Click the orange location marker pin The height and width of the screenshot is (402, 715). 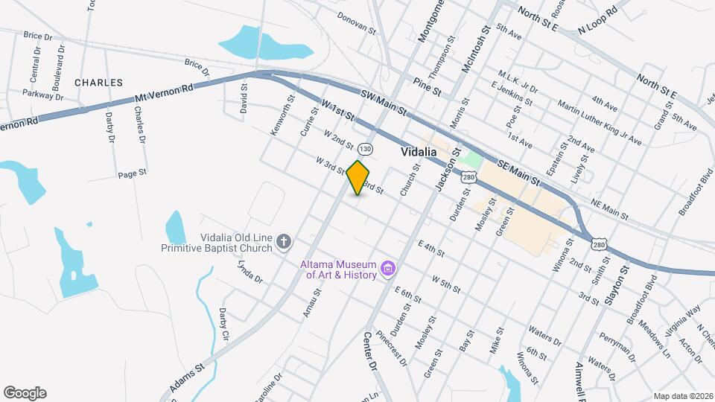click(x=358, y=177)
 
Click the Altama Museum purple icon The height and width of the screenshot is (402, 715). click(x=387, y=268)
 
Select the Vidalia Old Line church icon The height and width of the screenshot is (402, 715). click(x=283, y=241)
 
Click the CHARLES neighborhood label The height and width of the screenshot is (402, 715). click(x=98, y=82)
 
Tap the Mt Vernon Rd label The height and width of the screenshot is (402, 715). click(x=164, y=93)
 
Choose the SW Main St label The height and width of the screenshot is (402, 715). click(x=384, y=103)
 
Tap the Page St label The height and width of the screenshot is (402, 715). click(x=132, y=174)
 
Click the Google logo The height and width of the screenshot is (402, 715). click(x=25, y=392)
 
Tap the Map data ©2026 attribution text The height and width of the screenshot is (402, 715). click(x=682, y=396)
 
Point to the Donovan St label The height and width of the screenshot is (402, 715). click(x=356, y=22)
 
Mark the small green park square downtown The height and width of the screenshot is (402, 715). click(x=470, y=159)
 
